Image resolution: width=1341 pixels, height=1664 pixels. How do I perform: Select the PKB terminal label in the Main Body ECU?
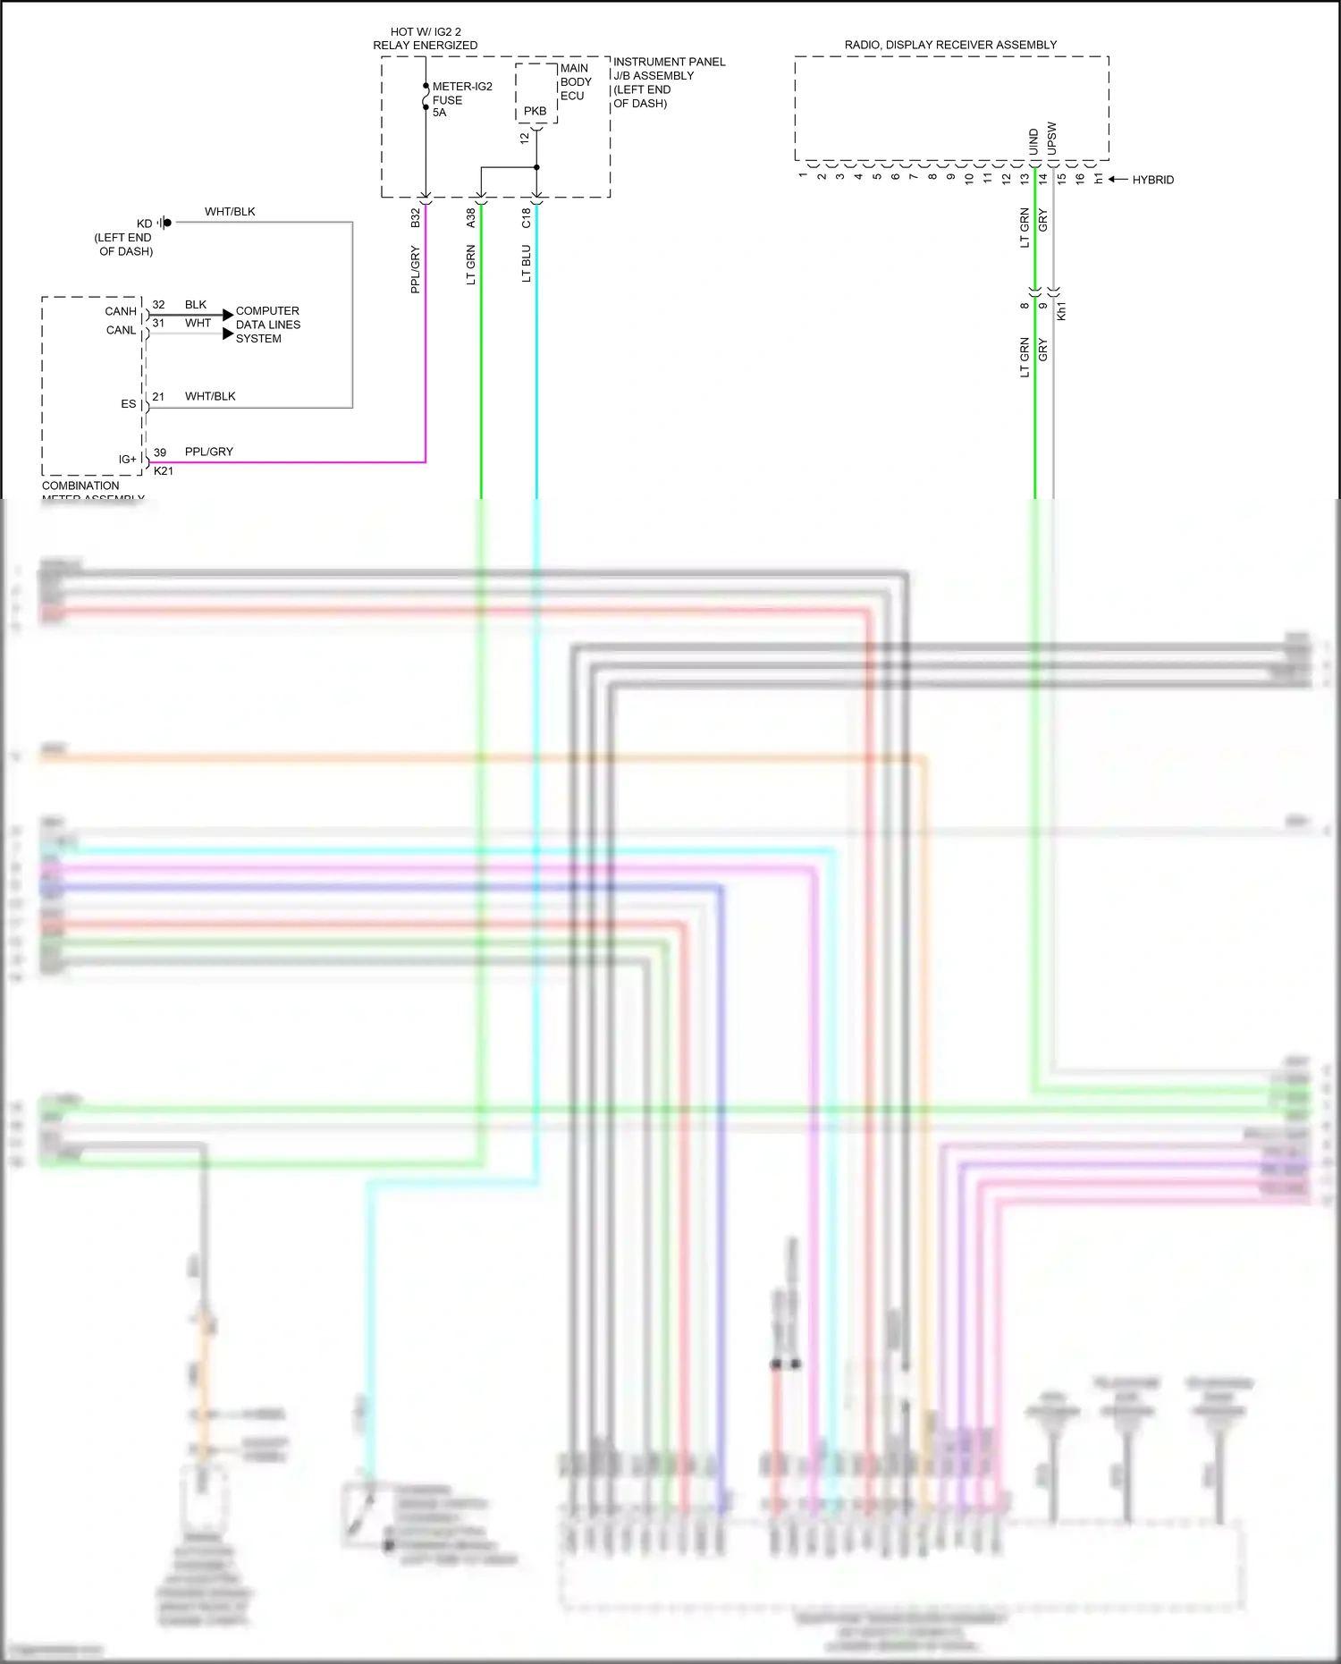tap(535, 111)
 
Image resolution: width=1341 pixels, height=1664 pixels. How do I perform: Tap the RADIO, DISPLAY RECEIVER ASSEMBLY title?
tap(950, 45)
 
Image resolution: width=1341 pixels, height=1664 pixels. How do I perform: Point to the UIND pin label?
tap(1033, 142)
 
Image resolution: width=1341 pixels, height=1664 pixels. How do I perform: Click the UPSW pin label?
tap(1051, 139)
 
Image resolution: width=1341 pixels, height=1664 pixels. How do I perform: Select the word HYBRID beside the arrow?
tap(1152, 180)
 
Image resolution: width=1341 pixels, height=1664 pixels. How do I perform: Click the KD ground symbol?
tap(165, 223)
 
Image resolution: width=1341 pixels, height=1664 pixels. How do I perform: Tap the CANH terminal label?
tap(121, 311)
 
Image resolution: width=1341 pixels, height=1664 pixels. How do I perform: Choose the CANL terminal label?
tap(121, 330)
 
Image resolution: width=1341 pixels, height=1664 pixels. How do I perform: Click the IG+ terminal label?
tap(128, 459)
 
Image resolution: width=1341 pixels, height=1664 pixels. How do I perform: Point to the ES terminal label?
tap(129, 404)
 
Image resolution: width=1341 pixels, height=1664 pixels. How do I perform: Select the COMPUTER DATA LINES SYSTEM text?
tap(267, 325)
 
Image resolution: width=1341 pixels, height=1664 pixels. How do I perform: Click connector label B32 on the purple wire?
tap(416, 218)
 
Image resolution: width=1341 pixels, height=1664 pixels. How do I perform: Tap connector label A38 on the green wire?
tap(471, 218)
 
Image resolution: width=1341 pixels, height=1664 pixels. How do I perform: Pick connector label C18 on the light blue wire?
tap(527, 218)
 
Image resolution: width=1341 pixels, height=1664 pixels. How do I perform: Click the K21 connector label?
tap(164, 471)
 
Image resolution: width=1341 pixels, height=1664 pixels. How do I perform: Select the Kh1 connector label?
tap(1061, 311)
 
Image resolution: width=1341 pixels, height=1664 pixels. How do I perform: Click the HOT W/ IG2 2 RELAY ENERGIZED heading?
tap(426, 38)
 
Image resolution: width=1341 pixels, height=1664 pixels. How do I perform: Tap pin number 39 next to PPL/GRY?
tap(160, 452)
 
